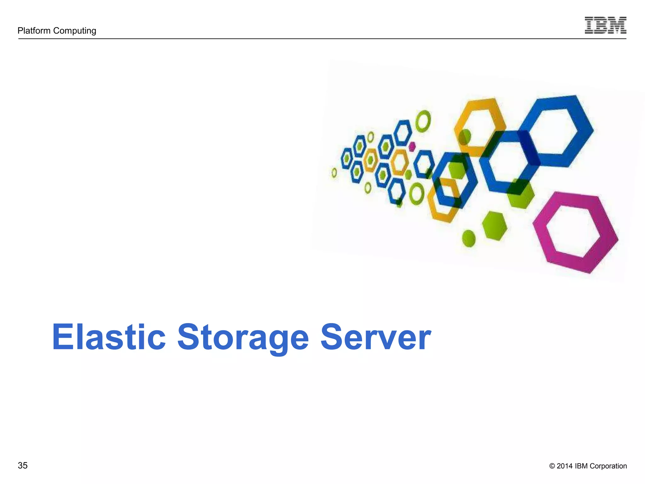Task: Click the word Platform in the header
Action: pos(34,31)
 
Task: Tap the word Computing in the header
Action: pos(75,31)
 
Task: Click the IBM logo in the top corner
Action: pos(605,25)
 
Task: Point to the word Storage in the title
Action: pos(243,338)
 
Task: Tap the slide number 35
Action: pos(23,465)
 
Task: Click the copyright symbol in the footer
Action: pos(552,466)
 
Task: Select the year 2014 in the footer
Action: pos(564,466)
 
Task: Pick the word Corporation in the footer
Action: pos(608,466)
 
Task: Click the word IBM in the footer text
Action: pos(581,466)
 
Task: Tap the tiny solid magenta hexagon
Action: pos(412,147)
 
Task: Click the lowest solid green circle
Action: pos(469,238)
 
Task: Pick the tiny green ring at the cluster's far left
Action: pos(334,173)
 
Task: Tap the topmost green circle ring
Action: pos(423,121)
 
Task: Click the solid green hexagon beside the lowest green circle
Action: pos(494,226)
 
